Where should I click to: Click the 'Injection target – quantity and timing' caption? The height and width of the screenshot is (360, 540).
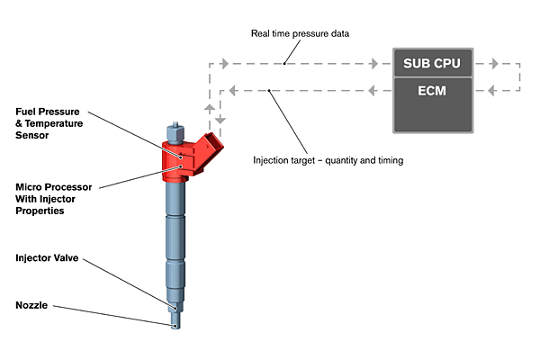327,161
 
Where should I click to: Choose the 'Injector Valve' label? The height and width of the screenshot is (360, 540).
47,258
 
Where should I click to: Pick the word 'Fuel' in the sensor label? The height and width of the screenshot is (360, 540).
28,111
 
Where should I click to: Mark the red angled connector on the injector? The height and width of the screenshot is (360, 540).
212,146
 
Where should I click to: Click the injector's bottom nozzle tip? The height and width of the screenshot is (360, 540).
176,325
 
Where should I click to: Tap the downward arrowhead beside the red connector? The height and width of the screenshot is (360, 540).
221,121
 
